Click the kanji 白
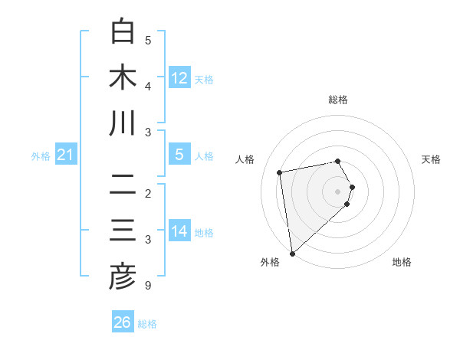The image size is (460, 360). click(123, 31)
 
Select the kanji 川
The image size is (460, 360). click(123, 123)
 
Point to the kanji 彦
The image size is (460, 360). click(123, 277)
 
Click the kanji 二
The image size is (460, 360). click(123, 185)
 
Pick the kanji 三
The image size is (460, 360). click(123, 231)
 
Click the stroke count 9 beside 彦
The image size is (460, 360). click(148, 286)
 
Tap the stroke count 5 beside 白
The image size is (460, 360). click(148, 41)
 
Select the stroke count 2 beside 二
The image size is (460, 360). click(148, 194)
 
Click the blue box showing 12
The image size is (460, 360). click(179, 78)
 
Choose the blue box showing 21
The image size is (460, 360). click(66, 155)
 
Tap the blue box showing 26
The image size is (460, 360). click(123, 322)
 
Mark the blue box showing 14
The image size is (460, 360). click(179, 232)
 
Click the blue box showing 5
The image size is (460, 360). click(179, 155)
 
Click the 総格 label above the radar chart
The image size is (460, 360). click(338, 100)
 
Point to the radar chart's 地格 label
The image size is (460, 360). click(402, 263)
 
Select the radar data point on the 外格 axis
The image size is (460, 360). click(292, 253)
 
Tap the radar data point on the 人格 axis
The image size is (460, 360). click(280, 172)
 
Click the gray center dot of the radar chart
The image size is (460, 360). click(338, 191)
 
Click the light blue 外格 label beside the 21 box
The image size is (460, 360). click(41, 156)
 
